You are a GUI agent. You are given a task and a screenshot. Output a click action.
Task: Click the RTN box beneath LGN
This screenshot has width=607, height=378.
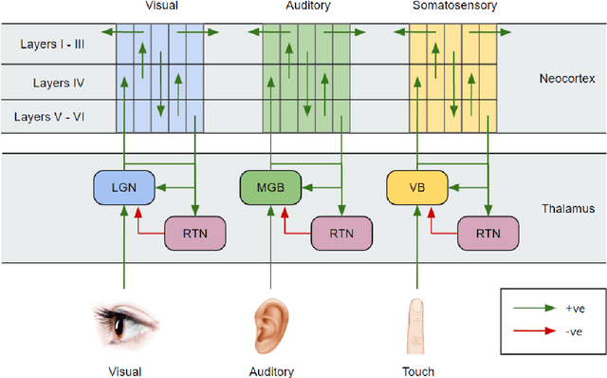[x=194, y=231]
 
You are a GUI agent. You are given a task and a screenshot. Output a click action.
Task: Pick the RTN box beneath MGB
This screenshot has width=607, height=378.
[x=340, y=231]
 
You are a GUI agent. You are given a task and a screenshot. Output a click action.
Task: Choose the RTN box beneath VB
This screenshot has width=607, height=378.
[x=487, y=231]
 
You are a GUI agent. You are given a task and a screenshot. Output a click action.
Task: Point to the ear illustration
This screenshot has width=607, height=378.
[x=270, y=323]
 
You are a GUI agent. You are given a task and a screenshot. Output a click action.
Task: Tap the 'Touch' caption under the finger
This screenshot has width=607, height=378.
[x=417, y=371]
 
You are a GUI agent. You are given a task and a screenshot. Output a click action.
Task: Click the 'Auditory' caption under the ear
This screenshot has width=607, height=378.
[x=270, y=371]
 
